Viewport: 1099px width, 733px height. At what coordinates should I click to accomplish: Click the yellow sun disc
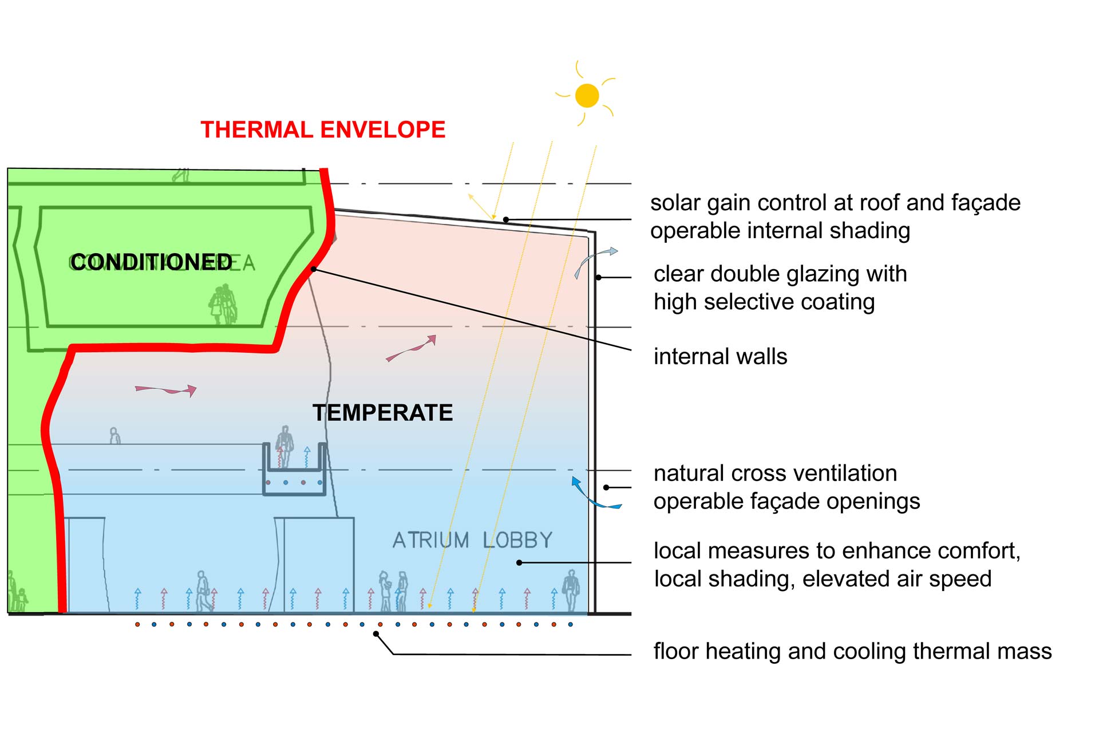click(x=587, y=96)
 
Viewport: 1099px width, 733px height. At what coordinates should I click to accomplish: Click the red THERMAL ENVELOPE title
click(x=323, y=130)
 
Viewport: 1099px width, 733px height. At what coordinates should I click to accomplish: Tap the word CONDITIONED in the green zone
click(x=152, y=262)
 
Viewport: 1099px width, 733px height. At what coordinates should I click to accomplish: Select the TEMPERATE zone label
click(x=382, y=413)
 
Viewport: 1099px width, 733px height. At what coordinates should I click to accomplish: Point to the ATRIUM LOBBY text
click(x=472, y=540)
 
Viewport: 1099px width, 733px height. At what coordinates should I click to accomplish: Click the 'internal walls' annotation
click(x=720, y=357)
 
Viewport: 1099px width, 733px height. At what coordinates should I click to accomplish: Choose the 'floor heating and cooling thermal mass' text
click(x=852, y=651)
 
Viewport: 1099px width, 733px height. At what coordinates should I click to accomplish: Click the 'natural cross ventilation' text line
click(x=775, y=474)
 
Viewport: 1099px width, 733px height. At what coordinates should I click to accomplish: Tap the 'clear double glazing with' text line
click(x=780, y=274)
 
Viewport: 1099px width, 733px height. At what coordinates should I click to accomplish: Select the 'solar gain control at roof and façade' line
click(x=835, y=203)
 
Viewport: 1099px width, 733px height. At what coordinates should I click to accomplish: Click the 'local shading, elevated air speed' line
click(x=823, y=579)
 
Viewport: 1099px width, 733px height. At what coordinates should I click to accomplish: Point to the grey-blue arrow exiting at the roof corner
click(x=595, y=261)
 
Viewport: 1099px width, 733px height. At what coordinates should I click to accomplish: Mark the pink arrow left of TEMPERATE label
click(x=166, y=390)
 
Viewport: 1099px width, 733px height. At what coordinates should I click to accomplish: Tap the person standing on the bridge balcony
click(x=284, y=444)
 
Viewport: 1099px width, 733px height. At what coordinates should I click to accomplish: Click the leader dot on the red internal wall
click(x=314, y=269)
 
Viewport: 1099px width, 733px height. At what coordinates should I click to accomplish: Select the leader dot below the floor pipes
click(x=376, y=633)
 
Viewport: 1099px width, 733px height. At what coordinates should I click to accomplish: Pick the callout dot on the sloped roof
click(x=506, y=219)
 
